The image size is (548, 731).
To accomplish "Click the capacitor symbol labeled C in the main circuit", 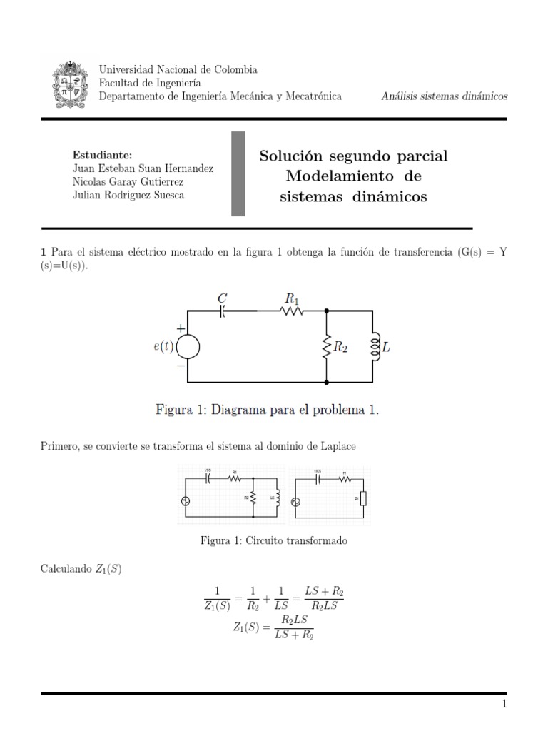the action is tap(221, 311).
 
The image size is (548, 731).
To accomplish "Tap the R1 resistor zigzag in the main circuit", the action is tap(292, 311).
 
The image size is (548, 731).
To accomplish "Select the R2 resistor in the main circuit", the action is tap(327, 347).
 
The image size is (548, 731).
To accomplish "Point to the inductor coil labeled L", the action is tap(373, 347).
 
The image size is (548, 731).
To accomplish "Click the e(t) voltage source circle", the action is tap(187, 347).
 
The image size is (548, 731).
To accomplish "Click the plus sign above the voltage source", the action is tap(180, 328).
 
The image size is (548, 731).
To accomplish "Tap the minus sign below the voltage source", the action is tap(180, 365).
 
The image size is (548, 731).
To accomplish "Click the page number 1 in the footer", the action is tap(504, 705).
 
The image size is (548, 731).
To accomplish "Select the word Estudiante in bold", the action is tap(102, 155).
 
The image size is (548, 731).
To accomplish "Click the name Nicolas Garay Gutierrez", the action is tap(128, 181).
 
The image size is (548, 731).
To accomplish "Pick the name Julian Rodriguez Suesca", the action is tap(128, 195).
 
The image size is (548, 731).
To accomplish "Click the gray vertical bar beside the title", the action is tap(238, 173).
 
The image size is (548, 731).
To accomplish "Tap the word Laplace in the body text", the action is tap(337, 445).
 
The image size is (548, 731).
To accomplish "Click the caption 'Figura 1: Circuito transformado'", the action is tap(274, 540).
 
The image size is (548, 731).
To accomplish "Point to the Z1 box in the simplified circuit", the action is tap(363, 498).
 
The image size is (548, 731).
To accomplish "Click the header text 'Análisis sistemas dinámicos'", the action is tap(444, 96).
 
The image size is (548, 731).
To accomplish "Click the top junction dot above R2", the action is tap(327, 311).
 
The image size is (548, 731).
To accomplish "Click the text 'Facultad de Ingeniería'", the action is tap(149, 83).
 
